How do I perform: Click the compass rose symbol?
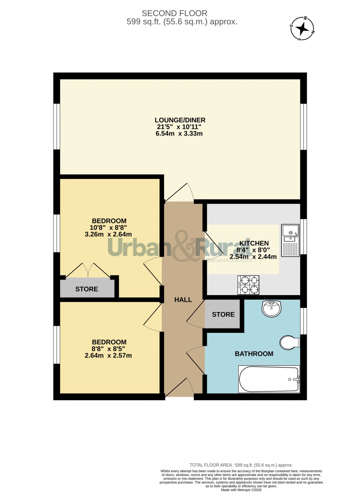302,29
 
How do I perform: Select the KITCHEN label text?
254,243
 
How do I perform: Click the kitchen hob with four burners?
248,285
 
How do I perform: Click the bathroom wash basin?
271,308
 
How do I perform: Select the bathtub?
269,379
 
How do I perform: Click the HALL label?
183,300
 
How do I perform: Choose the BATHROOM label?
254,354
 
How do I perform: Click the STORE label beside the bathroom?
223,314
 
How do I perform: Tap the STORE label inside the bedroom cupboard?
86,289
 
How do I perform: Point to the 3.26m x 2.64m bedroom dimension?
108,234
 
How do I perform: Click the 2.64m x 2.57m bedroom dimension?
108,355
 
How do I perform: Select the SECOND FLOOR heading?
174,13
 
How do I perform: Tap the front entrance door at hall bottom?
179,388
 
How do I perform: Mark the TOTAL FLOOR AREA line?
241,465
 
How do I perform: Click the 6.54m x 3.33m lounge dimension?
179,133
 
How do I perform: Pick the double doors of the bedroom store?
88,270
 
